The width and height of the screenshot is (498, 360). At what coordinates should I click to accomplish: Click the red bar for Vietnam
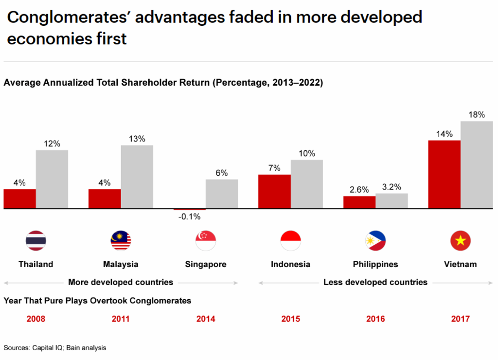coord(444,175)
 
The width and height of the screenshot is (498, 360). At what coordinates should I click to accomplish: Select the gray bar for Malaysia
coord(137,177)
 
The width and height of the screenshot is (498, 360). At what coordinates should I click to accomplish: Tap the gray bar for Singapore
coord(222,194)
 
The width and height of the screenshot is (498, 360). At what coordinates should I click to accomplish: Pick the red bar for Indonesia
coord(274,192)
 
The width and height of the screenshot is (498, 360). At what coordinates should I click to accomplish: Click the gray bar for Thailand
coord(52,180)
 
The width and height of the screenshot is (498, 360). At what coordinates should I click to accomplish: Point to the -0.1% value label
coord(189,217)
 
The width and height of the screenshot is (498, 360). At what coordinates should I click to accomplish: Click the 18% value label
coord(477,115)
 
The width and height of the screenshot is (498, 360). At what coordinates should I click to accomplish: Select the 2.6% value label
coord(359,190)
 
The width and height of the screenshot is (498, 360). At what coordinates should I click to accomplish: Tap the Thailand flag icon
coord(36,240)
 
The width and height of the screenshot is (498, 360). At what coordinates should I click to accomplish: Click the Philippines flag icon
coord(375,240)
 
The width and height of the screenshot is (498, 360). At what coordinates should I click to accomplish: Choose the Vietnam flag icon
coord(460,240)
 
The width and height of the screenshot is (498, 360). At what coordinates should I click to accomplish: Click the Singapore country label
coord(206,264)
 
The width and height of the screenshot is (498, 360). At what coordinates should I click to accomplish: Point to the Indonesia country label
coord(290,264)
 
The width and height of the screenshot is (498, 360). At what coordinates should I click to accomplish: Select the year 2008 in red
coord(36,319)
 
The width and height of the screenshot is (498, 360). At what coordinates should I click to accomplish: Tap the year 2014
coord(206,319)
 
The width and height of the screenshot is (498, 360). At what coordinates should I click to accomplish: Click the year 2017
coord(460,319)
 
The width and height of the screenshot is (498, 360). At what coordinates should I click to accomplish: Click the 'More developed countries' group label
coord(121,282)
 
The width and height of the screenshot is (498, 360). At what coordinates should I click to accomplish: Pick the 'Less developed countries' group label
coord(375,282)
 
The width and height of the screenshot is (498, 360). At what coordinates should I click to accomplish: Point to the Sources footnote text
coord(54,348)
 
